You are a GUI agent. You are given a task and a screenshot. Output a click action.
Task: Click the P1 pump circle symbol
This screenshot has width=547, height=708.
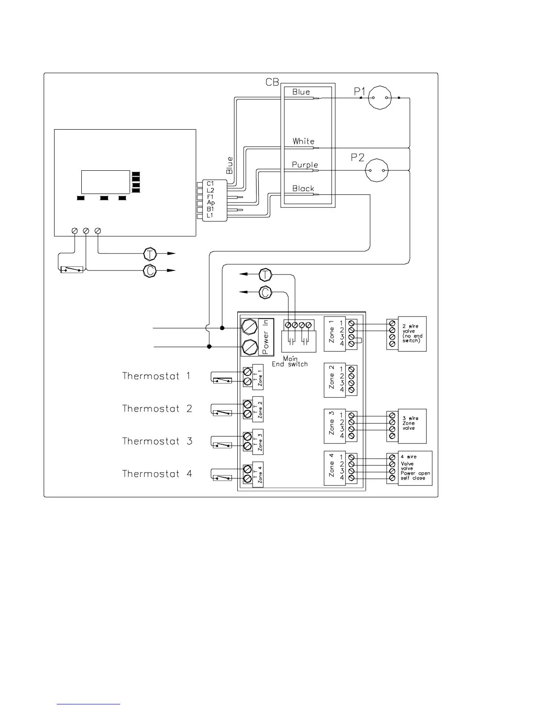point(379,97)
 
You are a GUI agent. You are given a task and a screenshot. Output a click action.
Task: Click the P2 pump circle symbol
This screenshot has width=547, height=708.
point(377,170)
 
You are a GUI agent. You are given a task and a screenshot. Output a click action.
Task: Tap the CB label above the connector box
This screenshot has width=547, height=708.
point(272,83)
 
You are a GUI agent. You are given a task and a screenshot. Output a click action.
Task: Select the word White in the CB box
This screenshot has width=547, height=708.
point(303,141)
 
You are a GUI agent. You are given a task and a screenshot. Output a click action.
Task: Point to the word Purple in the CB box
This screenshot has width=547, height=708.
point(305,165)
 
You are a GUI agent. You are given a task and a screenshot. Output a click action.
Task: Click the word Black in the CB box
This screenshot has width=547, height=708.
point(303,189)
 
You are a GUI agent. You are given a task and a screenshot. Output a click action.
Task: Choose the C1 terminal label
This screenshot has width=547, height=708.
point(210,183)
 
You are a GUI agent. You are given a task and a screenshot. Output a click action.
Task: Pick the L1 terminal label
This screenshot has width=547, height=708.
point(210,215)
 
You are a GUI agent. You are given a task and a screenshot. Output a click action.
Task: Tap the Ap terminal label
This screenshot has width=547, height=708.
point(211,202)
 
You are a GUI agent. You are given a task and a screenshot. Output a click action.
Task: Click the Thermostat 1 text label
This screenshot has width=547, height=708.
point(156,376)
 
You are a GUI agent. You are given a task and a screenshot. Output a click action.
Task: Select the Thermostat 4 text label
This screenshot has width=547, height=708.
point(157,474)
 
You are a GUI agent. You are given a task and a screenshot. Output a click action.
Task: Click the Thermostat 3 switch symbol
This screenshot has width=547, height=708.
point(222,445)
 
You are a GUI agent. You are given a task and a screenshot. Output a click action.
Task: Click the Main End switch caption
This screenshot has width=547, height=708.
point(290,362)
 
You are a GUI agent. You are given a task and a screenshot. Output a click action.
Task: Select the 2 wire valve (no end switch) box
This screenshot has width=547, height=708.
point(411,333)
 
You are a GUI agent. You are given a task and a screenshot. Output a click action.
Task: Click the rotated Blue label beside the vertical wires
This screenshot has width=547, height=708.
point(230,165)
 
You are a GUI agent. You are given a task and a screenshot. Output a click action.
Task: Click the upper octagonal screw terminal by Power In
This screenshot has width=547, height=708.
point(249,327)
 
